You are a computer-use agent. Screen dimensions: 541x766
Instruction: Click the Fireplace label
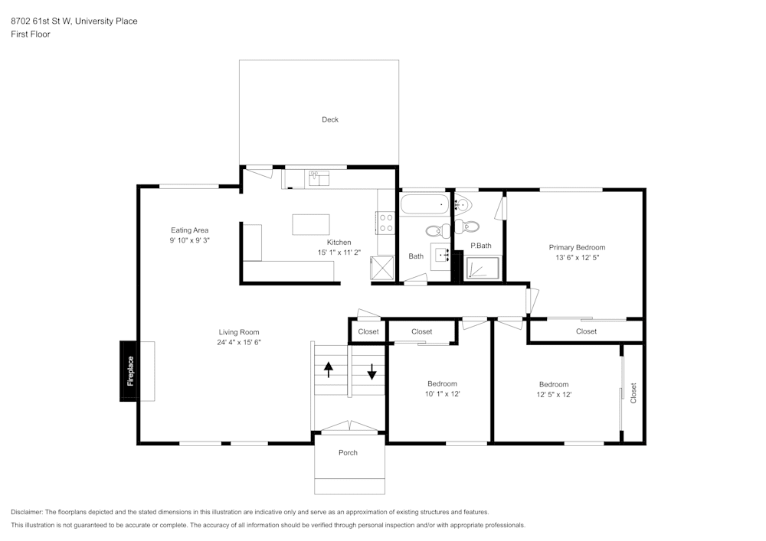130,371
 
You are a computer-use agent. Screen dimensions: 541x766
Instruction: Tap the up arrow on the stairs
329,370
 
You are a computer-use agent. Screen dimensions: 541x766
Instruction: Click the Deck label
330,119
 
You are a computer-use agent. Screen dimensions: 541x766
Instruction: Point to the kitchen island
311,225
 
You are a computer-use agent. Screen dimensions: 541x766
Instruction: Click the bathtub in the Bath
424,204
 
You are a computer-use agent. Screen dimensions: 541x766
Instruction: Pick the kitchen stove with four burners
385,223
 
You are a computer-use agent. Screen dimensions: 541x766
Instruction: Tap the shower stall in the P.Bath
483,267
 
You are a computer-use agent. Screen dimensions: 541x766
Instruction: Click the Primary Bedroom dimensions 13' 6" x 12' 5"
577,259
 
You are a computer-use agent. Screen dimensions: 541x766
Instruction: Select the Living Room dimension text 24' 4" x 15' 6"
239,343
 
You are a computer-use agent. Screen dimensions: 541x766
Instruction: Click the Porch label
348,452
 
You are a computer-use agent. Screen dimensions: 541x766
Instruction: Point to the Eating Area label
189,230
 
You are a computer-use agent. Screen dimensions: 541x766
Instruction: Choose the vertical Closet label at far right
633,393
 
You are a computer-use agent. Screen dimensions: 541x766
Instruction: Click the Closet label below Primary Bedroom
586,331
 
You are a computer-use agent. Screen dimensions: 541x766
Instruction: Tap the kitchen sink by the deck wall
319,178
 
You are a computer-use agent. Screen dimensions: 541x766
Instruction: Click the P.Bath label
480,246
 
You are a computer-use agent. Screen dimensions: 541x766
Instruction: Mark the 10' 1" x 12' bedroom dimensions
442,394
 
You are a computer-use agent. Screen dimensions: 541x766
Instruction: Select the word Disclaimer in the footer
27,512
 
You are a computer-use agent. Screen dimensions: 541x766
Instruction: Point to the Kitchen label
339,242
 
